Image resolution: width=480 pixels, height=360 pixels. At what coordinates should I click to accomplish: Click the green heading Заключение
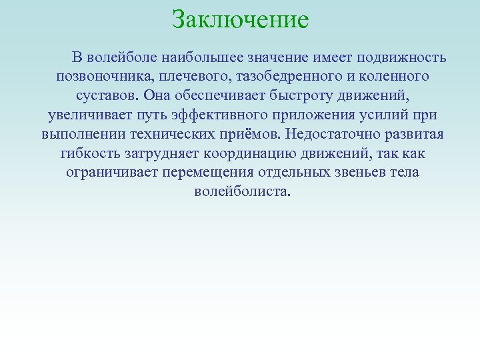coord(240,19)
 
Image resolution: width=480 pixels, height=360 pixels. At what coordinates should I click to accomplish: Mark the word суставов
coord(105,95)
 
